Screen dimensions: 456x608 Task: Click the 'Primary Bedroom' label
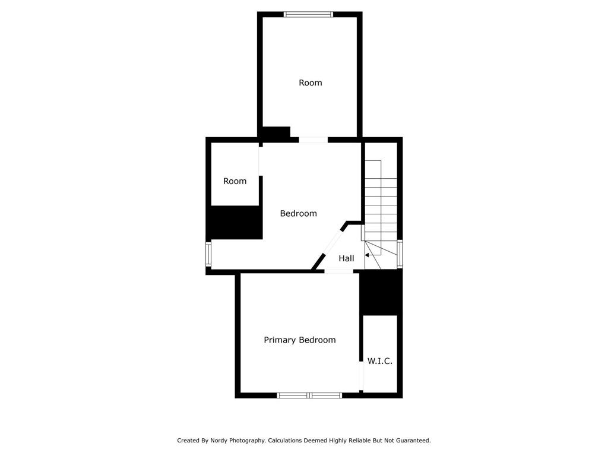[300, 340]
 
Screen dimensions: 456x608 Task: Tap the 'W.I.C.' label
[380, 361]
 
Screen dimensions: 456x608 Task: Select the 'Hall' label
[346, 258]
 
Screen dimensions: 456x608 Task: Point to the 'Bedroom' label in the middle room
[298, 213]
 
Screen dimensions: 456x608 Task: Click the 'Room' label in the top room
[310, 83]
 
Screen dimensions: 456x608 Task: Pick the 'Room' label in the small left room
[235, 181]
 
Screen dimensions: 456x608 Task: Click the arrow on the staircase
[368, 255]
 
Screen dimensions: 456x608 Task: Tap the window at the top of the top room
[309, 14]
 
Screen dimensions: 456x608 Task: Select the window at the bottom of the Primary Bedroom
[309, 395]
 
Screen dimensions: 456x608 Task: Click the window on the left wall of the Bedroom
[208, 254]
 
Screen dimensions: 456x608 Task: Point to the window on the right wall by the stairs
[400, 254]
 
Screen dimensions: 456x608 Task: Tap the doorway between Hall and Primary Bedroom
[338, 271]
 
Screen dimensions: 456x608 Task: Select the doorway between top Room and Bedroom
[313, 140]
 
